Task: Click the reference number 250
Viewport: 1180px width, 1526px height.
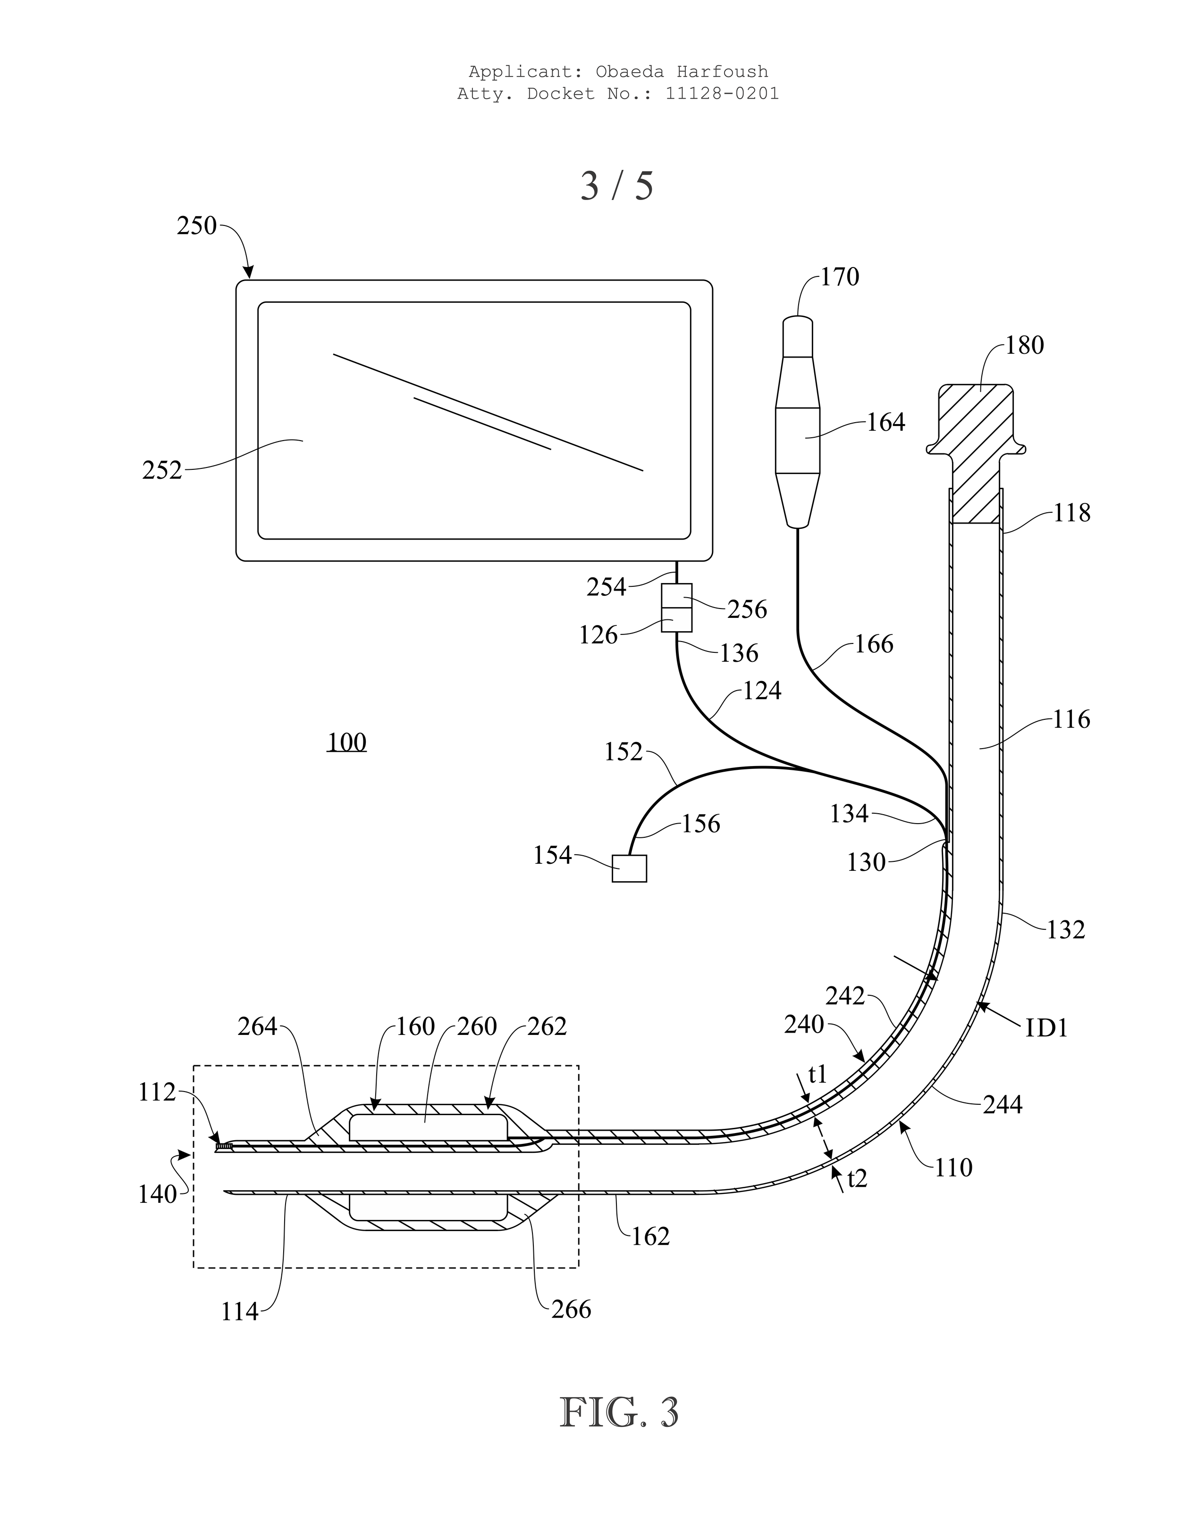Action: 196,226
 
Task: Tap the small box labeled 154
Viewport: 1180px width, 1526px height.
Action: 629,868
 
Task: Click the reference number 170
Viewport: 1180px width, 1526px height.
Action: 840,277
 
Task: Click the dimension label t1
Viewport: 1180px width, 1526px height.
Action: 817,1075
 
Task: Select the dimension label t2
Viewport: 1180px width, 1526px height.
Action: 857,1179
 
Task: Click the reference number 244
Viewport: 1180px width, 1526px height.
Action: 1003,1105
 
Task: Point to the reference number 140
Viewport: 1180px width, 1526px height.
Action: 157,1195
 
